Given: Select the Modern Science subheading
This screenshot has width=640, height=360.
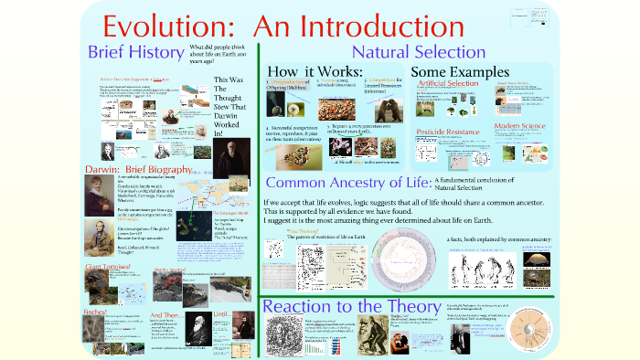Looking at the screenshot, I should tap(523, 125).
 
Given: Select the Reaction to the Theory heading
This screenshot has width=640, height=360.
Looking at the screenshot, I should tap(338, 307).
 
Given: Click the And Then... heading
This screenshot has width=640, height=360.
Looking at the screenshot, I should tap(170, 312).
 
